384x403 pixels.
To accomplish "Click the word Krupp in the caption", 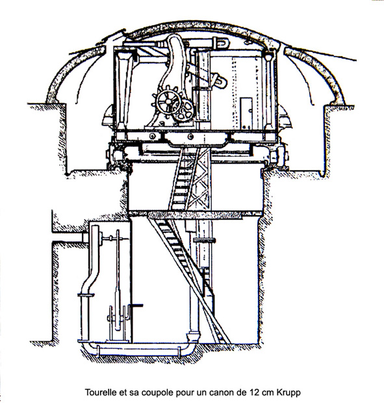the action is click(288, 393).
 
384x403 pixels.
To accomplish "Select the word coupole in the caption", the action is click(157, 393).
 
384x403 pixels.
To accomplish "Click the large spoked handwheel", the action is click(168, 102).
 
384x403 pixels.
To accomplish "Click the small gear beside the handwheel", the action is click(183, 110).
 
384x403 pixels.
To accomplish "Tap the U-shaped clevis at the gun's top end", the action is click(222, 43).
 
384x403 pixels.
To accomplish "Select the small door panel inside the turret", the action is click(246, 113).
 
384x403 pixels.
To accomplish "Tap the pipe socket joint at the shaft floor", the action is click(193, 337).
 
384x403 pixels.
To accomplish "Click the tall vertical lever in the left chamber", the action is click(118, 280).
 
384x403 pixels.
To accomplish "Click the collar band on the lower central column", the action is click(205, 240).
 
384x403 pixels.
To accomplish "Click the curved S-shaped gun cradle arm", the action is click(173, 75).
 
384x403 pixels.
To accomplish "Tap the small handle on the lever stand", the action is click(136, 305).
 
